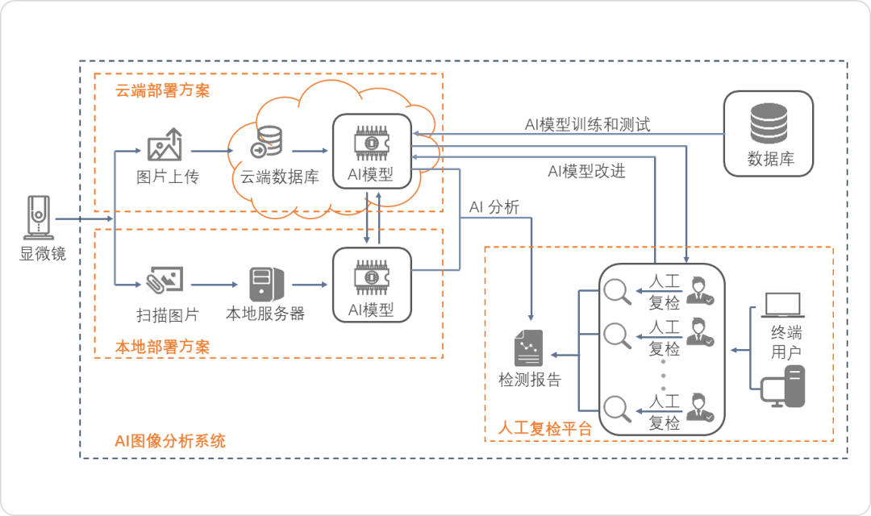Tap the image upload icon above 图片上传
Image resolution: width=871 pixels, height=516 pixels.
click(165, 146)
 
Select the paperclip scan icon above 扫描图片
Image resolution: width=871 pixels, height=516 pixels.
click(165, 279)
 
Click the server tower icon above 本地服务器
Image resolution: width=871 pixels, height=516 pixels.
click(265, 284)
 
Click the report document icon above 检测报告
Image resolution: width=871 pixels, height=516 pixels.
click(529, 348)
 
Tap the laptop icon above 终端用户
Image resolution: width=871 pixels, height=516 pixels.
click(782, 305)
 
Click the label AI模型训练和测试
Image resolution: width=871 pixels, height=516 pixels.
click(587, 124)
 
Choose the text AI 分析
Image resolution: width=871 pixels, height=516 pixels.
click(494, 207)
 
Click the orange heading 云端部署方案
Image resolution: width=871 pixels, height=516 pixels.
click(162, 90)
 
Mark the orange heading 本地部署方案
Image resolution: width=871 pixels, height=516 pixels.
click(162, 347)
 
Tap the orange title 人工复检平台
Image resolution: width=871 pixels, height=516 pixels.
click(545, 428)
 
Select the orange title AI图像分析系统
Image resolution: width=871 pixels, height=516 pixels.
click(169, 440)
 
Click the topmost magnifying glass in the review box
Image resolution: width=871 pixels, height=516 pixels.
click(619, 291)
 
